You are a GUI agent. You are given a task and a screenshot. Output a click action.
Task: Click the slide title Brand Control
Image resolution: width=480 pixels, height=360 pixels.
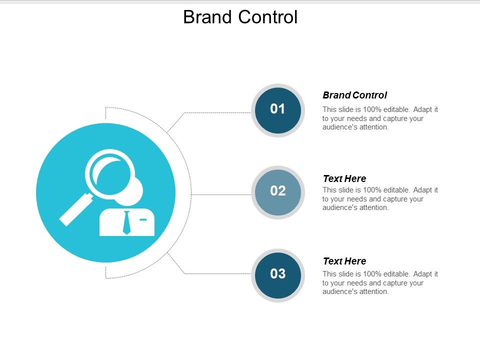pos(240,17)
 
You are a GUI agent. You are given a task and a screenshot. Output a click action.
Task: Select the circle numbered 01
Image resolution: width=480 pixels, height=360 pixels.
pos(277,109)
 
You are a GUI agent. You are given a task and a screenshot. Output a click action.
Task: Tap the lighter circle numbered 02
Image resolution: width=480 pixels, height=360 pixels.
pos(277,192)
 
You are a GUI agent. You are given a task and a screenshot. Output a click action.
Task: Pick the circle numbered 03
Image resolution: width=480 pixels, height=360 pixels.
pos(277,274)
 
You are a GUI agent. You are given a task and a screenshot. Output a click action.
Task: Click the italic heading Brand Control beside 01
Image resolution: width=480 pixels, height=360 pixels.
pos(354,95)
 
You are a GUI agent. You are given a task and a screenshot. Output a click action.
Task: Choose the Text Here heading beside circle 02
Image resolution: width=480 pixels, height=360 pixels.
pos(344,178)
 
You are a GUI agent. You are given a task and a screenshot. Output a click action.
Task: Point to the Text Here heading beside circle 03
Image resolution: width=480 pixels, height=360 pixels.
pos(344,261)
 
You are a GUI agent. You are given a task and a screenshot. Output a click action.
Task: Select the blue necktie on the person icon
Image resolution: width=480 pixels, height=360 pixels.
pos(126,222)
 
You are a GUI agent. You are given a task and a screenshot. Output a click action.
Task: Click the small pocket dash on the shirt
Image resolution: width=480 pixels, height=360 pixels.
pos(143,219)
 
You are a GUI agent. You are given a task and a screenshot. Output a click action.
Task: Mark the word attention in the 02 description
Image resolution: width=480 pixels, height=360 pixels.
pos(374,207)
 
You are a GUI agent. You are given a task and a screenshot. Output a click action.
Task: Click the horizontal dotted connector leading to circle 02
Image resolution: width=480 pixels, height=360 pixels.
pos(220,194)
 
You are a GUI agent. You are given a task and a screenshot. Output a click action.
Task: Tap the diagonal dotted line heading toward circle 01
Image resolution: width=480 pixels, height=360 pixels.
pos(176,122)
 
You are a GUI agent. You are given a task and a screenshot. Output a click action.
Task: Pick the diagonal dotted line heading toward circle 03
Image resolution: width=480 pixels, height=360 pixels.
pos(176,263)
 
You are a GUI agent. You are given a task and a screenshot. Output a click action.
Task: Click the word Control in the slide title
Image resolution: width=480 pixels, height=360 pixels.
pos(268,17)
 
